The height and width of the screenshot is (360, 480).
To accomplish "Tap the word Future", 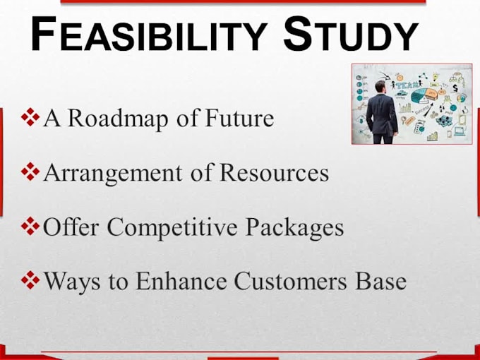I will click(x=239, y=118).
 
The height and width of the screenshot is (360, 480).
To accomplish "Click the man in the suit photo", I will click(x=383, y=113).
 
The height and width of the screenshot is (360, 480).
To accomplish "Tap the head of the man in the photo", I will click(x=382, y=87).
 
